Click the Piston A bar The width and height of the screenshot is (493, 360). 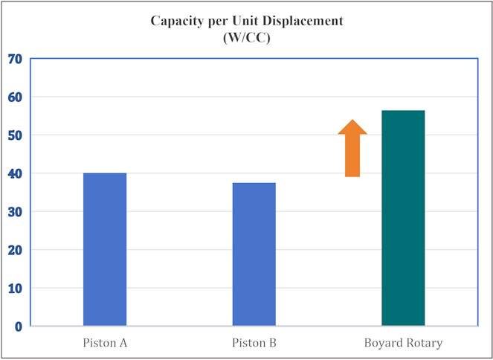(x=105, y=249)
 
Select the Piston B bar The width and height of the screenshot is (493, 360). (x=254, y=254)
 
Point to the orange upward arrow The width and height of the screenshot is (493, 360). (x=352, y=148)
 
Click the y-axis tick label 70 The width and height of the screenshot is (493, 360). (x=15, y=58)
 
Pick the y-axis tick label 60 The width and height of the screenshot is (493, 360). (x=15, y=97)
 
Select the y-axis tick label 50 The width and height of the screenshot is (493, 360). (x=15, y=135)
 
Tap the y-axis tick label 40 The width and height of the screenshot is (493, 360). (x=15, y=173)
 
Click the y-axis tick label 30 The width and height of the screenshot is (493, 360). (x=15, y=211)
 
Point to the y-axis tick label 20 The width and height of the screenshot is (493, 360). (x=15, y=250)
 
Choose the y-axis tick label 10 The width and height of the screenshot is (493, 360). (x=15, y=288)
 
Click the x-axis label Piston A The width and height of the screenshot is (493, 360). (x=105, y=344)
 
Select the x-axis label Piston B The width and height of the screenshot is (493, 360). (x=254, y=344)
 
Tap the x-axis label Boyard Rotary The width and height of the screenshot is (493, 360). (x=403, y=344)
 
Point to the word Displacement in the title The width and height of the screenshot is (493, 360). (x=306, y=21)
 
